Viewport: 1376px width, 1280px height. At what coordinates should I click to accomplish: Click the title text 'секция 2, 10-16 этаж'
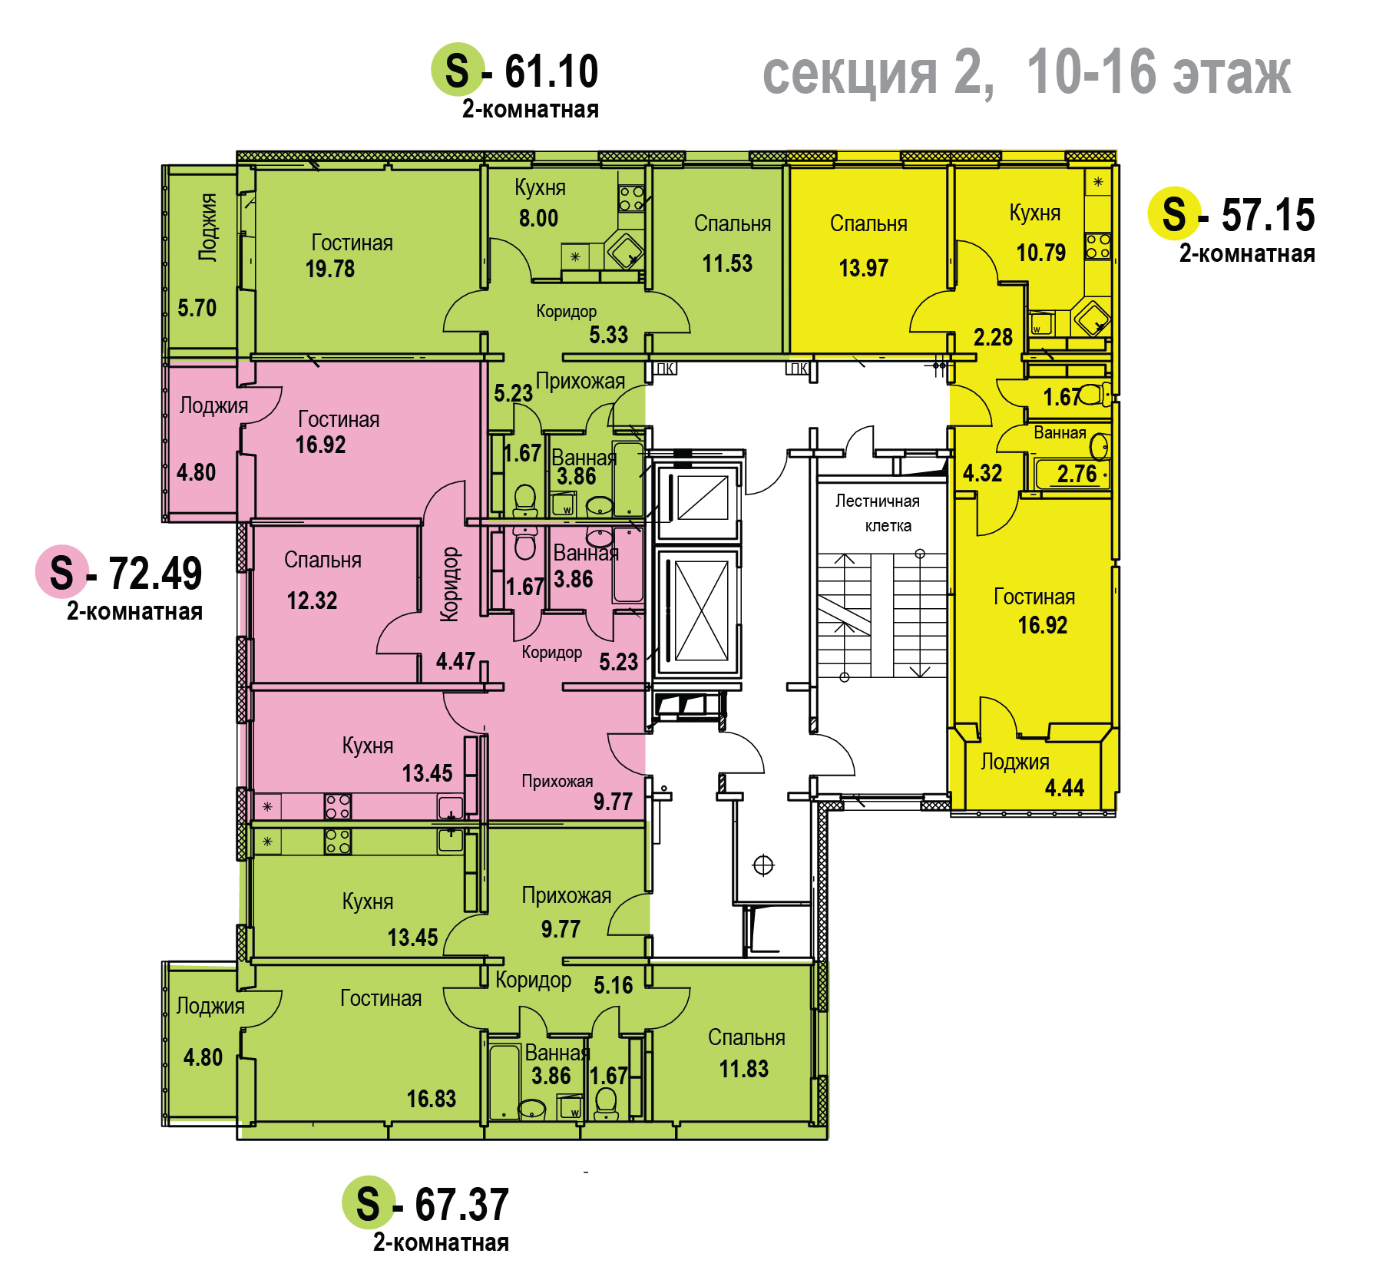pyautogui.click(x=1027, y=73)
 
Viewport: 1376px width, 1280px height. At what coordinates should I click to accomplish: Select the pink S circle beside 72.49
pyautogui.click(x=62, y=572)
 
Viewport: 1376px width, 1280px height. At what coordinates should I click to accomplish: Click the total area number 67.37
pyautogui.click(x=461, y=1204)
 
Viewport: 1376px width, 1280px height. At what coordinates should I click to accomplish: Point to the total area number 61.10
pyautogui.click(x=551, y=71)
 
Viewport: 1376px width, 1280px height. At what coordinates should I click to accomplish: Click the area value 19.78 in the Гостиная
pyautogui.click(x=330, y=269)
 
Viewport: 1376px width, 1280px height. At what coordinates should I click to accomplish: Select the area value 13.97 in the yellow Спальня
pyautogui.click(x=864, y=268)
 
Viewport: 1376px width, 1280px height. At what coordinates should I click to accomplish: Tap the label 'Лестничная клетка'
pyautogui.click(x=878, y=513)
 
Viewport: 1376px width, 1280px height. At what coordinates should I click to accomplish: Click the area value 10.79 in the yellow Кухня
pyautogui.click(x=1041, y=253)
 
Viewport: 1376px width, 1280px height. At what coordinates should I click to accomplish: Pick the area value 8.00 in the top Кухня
pyautogui.click(x=538, y=218)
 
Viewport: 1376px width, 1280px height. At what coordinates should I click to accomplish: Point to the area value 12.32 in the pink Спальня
pyautogui.click(x=312, y=600)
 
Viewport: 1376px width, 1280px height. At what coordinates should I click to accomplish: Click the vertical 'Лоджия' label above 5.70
pyautogui.click(x=207, y=227)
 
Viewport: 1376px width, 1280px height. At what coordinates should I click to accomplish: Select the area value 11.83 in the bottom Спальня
pyautogui.click(x=743, y=1069)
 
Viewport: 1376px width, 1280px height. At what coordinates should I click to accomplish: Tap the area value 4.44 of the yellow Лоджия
pyautogui.click(x=1064, y=788)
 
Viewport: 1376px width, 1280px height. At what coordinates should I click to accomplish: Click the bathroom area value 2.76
pyautogui.click(x=1077, y=474)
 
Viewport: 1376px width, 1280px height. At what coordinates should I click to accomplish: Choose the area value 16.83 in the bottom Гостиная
pyautogui.click(x=432, y=1099)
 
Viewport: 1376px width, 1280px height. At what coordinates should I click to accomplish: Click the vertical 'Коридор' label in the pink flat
pyautogui.click(x=450, y=584)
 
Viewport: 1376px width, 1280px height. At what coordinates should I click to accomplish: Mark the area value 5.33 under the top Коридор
pyautogui.click(x=608, y=335)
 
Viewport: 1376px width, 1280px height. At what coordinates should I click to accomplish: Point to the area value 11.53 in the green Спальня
pyautogui.click(x=727, y=263)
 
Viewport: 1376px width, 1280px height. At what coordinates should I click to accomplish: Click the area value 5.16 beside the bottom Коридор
pyautogui.click(x=614, y=985)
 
